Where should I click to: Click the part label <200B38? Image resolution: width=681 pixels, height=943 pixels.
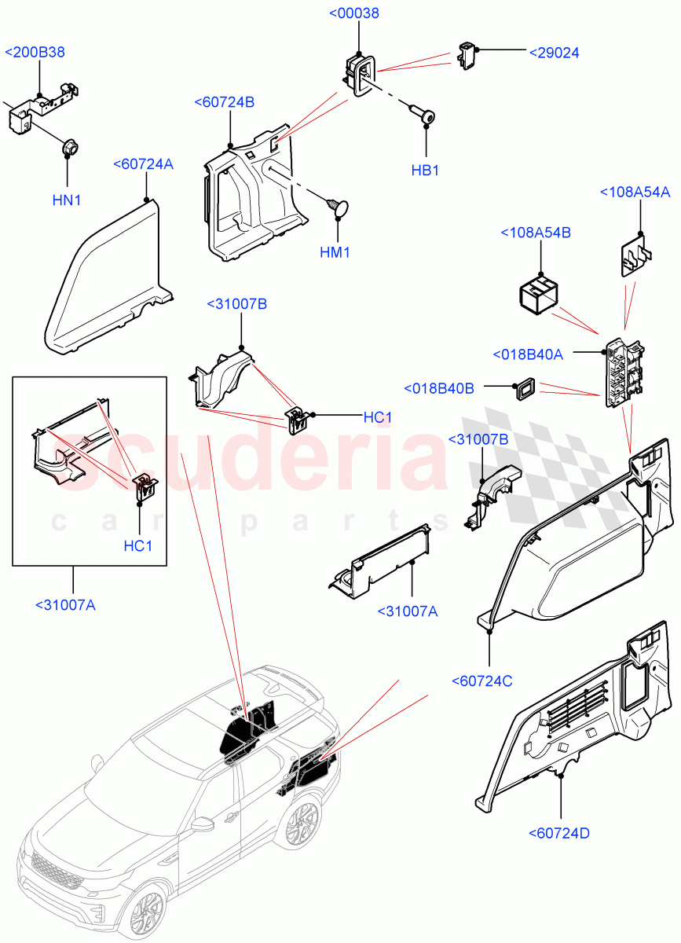tap(35, 53)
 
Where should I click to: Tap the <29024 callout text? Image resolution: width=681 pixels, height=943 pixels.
tap(554, 53)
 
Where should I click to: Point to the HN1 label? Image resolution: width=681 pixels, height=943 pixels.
tap(67, 200)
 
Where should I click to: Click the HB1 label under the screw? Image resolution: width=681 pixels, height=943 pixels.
tap(425, 171)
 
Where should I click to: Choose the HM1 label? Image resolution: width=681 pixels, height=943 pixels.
tap(335, 252)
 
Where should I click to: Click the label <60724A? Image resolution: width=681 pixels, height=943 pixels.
tap(143, 164)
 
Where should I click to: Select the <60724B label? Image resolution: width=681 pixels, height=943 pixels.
tap(225, 102)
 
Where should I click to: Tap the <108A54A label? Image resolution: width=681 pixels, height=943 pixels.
tap(635, 193)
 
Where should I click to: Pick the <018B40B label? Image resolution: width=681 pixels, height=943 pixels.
tap(438, 388)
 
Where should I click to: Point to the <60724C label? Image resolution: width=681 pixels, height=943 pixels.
tap(482, 681)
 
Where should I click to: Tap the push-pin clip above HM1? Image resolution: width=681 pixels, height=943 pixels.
tap(337, 206)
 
